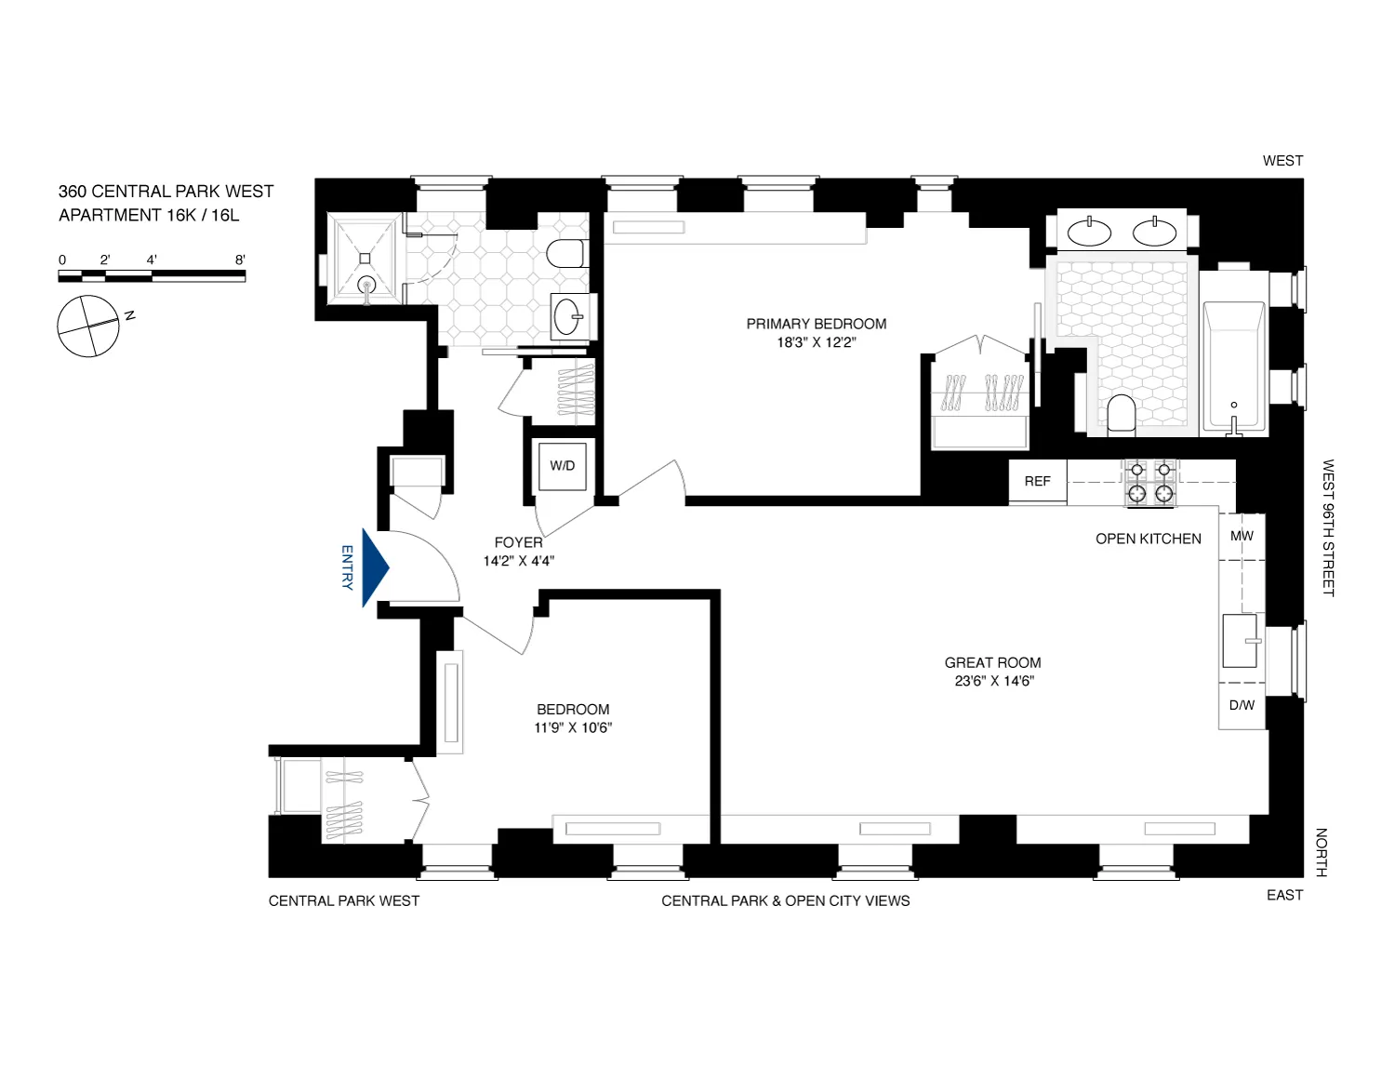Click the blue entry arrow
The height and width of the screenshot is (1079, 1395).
pyautogui.click(x=374, y=568)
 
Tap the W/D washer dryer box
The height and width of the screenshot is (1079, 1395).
pyautogui.click(x=563, y=466)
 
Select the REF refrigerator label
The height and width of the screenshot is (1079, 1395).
pyautogui.click(x=1037, y=481)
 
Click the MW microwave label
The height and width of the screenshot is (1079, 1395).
pyautogui.click(x=1242, y=536)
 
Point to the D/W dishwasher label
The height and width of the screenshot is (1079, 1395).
pyautogui.click(x=1242, y=705)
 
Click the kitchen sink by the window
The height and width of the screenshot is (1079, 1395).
pyautogui.click(x=1240, y=641)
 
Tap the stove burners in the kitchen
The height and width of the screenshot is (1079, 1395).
pyautogui.click(x=1150, y=482)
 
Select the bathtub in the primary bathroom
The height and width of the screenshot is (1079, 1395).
pyautogui.click(x=1234, y=367)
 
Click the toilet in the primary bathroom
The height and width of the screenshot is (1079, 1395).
pyautogui.click(x=1122, y=414)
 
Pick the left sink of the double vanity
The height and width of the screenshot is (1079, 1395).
pyautogui.click(x=1089, y=231)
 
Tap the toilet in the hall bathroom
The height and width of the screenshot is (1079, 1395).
pyautogui.click(x=565, y=253)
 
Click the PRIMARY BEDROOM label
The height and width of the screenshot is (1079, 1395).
pyautogui.click(x=816, y=324)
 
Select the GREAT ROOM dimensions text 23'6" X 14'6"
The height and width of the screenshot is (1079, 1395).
pyautogui.click(x=993, y=681)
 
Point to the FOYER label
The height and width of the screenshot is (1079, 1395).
pyautogui.click(x=518, y=542)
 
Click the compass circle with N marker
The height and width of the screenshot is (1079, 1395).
pyautogui.click(x=89, y=326)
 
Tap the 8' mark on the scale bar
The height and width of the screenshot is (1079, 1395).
pyautogui.click(x=240, y=260)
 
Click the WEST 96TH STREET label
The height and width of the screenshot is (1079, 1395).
pyautogui.click(x=1328, y=527)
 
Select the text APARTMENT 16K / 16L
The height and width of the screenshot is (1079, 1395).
pyautogui.click(x=149, y=215)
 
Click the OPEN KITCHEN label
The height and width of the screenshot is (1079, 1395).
pyautogui.click(x=1148, y=539)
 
